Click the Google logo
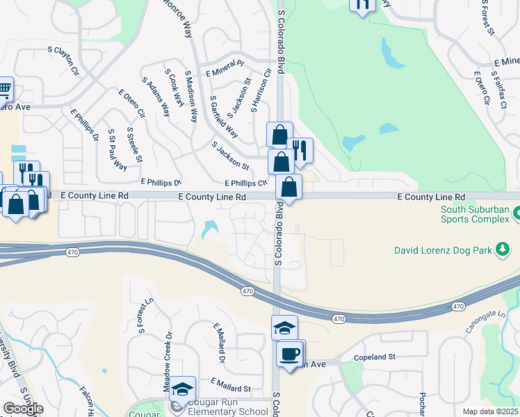23,409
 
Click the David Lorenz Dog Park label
442,250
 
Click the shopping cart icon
4,90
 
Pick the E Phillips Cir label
245,183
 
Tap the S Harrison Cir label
261,92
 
